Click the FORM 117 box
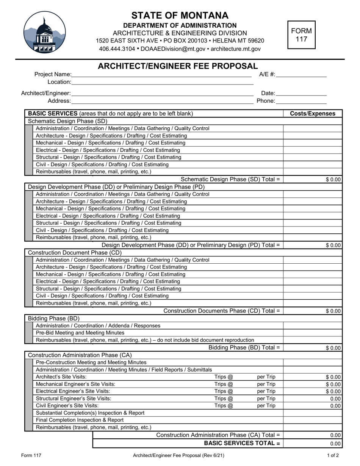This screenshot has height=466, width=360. [301, 35]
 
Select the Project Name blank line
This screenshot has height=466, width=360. [161, 75]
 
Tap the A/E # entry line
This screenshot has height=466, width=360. [301, 75]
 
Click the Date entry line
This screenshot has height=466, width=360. [301, 93]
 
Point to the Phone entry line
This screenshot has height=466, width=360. [301, 101]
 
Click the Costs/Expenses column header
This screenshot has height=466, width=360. [313, 114]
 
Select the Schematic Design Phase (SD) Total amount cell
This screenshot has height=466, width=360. [313, 180]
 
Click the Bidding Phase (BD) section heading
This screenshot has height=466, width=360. [54, 318]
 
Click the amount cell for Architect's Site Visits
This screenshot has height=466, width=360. [313, 377]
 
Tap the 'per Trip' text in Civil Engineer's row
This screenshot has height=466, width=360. [266, 406]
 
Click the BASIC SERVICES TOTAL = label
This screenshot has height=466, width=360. [242, 443]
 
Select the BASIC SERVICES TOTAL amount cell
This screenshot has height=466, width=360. [313, 444]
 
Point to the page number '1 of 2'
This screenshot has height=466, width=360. [333, 456]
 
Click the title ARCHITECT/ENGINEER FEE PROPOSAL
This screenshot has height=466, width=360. [178, 66]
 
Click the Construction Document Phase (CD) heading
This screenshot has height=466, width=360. [75, 253]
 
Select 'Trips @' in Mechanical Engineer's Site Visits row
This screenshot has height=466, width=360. [224, 384]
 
